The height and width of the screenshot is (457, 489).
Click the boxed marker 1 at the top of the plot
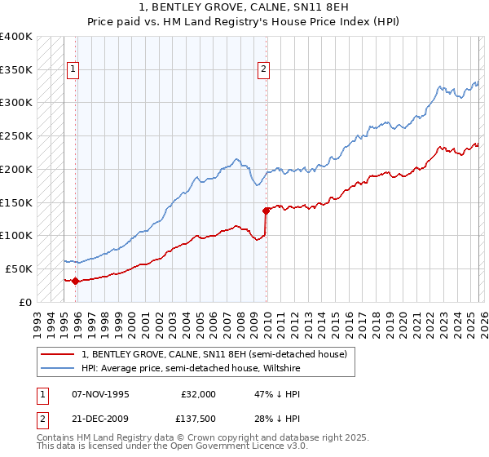coord(73,70)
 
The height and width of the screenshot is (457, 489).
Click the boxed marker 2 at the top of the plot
coord(264,70)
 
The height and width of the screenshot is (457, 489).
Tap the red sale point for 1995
coord(75,281)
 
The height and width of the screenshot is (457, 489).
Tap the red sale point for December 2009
coord(266,211)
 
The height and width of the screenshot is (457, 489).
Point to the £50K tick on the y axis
coord(19,268)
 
